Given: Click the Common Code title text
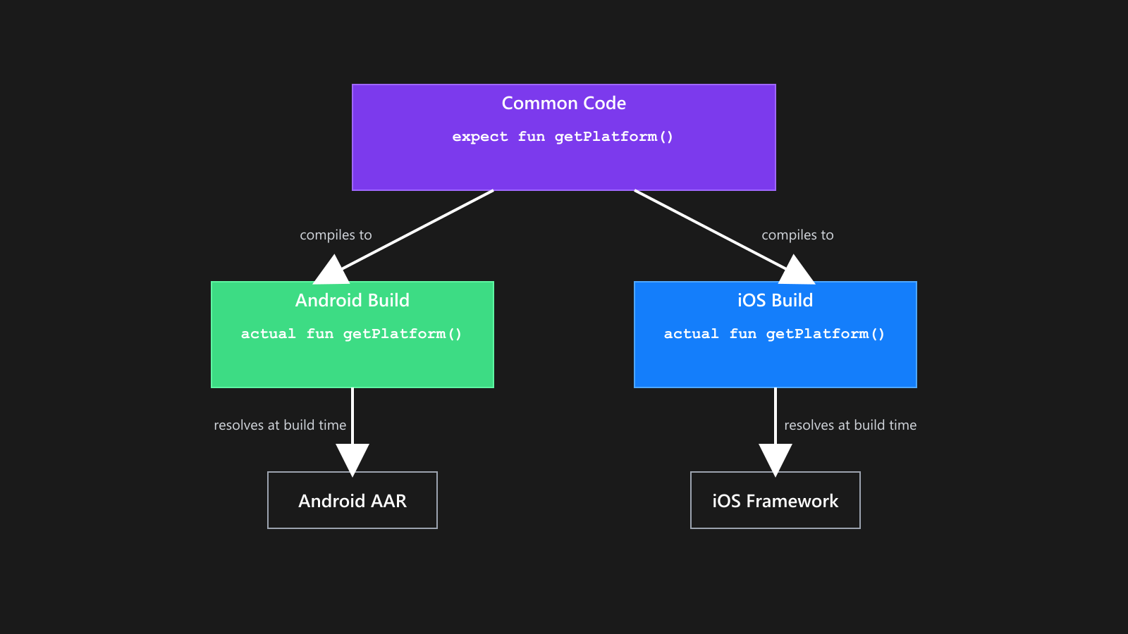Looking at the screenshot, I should pyautogui.click(x=563, y=104).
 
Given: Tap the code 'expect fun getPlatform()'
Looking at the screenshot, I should pyautogui.click(x=563, y=137).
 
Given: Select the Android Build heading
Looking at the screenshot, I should pyautogui.click(x=352, y=301).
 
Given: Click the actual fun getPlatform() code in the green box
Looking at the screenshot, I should pyautogui.click(x=351, y=334).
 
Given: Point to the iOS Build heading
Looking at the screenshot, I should pyautogui.click(x=775, y=301).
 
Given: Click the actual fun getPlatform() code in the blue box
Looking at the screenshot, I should pyautogui.click(x=774, y=334).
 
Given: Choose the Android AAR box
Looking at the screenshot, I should pyautogui.click(x=352, y=500).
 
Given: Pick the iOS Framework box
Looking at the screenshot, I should pyautogui.click(x=775, y=500).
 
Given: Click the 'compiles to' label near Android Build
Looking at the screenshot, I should pyautogui.click(x=336, y=235).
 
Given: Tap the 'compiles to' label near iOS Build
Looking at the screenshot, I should pyautogui.click(x=797, y=235).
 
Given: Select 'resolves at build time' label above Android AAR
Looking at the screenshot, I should pyautogui.click(x=280, y=425).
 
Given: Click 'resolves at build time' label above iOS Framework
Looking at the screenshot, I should pyautogui.click(x=850, y=425).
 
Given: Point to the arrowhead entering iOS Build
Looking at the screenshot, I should pyautogui.click(x=797, y=272).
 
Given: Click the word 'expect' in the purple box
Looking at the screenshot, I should pyautogui.click(x=479, y=137).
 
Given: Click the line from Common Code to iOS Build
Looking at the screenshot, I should pyautogui.click(x=705, y=227).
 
